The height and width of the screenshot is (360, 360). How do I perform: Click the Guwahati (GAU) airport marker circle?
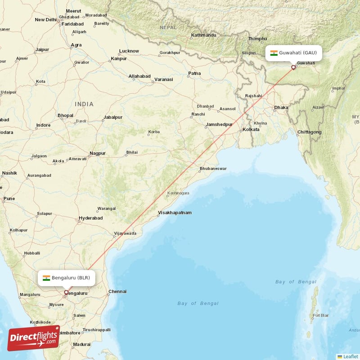(x=293, y=67)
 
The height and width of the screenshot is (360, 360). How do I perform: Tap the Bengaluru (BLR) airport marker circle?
(x=66, y=292)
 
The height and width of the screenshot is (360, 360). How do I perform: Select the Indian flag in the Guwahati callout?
(x=274, y=53)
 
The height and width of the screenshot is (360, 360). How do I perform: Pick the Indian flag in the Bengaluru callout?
(x=46, y=278)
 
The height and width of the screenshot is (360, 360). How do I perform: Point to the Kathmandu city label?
(x=203, y=35)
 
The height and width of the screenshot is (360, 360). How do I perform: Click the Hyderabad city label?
(x=90, y=218)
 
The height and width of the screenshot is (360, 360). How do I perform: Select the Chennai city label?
(x=117, y=291)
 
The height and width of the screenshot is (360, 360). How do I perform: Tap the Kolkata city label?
(x=251, y=129)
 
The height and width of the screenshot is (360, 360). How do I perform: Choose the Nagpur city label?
(x=97, y=153)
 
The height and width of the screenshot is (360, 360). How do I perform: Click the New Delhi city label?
(x=46, y=19)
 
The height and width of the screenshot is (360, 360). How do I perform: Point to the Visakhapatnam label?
(x=175, y=212)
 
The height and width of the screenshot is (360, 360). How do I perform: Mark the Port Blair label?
(x=320, y=315)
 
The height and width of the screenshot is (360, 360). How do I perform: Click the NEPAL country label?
(x=168, y=27)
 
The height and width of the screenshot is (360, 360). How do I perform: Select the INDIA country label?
(x=84, y=104)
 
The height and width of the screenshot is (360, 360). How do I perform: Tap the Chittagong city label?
(x=309, y=132)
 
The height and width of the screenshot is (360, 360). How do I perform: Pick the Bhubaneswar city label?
(x=213, y=169)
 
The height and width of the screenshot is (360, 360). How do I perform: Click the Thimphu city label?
(x=258, y=39)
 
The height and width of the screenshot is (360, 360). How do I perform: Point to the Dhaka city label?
(x=281, y=107)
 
